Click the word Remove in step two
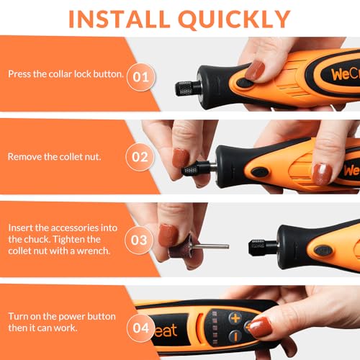pos(24,156)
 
